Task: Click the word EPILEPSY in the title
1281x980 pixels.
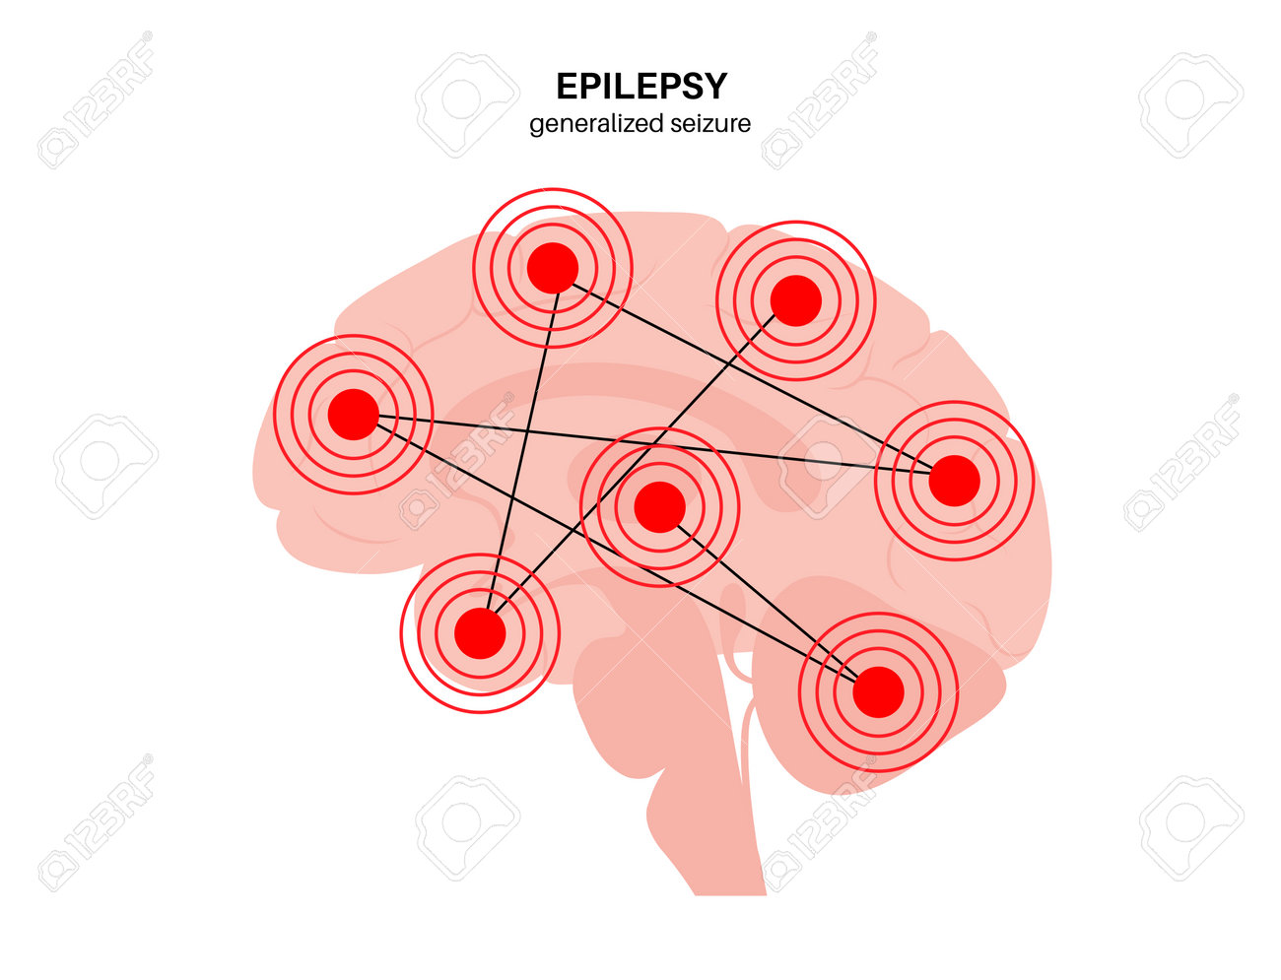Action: pos(640,87)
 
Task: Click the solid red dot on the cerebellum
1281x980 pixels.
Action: pos(878,691)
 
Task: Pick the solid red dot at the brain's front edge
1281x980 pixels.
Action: pos(353,414)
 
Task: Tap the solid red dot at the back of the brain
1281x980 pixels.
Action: pos(954,481)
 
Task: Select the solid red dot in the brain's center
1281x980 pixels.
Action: pos(659,507)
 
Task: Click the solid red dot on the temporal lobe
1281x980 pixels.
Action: pos(480,633)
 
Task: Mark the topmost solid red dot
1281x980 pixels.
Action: pos(552,268)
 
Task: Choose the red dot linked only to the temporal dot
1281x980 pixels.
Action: pos(795,300)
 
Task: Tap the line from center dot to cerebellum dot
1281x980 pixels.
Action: pos(769,599)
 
